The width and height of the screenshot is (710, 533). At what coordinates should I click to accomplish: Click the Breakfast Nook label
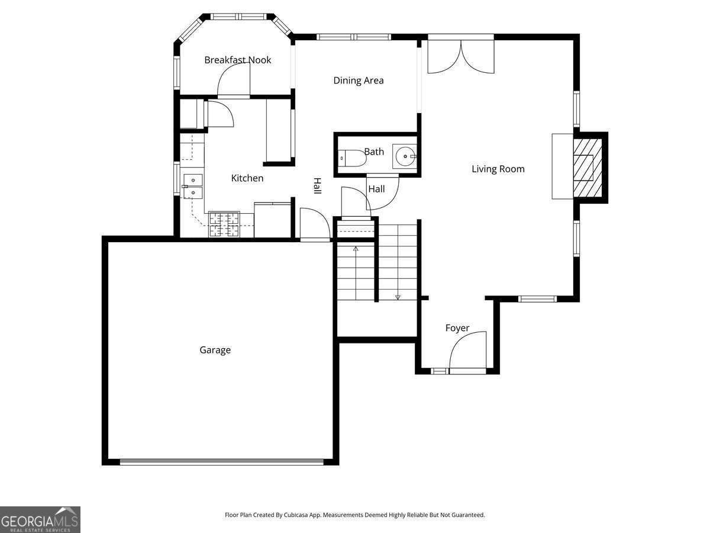(237, 60)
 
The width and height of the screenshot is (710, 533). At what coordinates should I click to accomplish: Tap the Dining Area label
(358, 81)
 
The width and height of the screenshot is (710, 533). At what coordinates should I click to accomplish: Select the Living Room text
(498, 169)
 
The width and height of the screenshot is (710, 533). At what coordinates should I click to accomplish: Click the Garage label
(215, 350)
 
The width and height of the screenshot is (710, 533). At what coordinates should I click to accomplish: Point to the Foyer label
(457, 328)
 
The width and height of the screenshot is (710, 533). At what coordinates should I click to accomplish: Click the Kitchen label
(247, 178)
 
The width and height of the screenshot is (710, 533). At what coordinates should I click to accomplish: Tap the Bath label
(373, 152)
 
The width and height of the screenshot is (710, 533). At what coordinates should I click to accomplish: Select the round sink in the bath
(405, 157)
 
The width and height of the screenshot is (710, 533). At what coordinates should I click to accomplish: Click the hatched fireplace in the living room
(587, 168)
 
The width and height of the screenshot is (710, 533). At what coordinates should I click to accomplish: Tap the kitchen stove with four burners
(224, 224)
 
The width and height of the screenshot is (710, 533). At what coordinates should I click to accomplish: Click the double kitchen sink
(192, 186)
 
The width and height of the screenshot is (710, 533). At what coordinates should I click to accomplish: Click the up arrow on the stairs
(356, 249)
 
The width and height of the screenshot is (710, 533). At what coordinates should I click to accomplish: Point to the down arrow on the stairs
(398, 296)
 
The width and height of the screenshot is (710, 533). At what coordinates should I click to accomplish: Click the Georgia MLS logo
(40, 519)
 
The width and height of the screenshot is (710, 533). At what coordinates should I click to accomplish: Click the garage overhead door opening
(221, 462)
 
